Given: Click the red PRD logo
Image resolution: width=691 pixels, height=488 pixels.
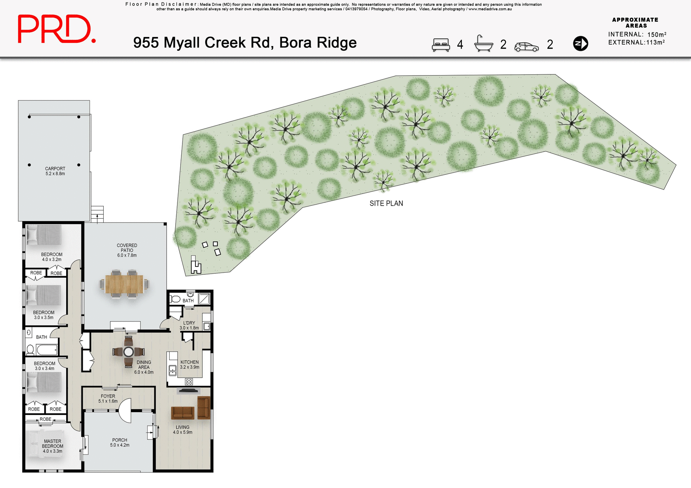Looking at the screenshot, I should tap(57, 29).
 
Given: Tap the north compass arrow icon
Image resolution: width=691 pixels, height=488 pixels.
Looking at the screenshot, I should tap(580, 44).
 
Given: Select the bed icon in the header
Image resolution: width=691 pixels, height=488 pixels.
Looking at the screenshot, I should tap(441, 45).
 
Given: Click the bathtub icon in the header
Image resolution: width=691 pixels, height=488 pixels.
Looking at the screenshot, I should tap(483, 44).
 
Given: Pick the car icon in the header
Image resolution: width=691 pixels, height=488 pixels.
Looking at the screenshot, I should tap(526, 47).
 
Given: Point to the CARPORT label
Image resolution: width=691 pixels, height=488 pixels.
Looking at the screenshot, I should tap(55, 171).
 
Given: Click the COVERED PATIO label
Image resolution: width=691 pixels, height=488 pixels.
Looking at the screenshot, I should tap(127, 250).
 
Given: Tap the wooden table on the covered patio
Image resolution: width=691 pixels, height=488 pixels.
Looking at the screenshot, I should tap(124, 284).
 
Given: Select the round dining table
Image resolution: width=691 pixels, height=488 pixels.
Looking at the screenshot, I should tap(128, 352).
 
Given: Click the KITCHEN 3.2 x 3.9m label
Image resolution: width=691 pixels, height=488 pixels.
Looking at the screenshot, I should tap(189, 365).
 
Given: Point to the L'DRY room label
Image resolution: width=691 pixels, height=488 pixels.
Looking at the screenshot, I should tap(189, 325).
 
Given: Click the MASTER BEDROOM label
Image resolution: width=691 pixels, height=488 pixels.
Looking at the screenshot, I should tap(53, 446).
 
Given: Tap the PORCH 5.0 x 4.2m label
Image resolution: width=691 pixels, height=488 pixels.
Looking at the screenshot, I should tap(119, 442).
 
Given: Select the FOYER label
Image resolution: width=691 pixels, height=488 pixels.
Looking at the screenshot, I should tap(108, 398).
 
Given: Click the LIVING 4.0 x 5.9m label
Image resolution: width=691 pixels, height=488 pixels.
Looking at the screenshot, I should tap(182, 430).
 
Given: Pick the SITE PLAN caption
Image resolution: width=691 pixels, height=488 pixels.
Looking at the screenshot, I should tap(386, 204).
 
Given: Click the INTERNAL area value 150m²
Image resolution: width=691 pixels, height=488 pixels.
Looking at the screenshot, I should tap(656, 35).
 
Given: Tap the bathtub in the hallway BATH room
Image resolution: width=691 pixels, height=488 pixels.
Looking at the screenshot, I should tap(47, 350).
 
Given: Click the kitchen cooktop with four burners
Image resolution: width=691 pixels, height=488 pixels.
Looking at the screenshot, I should tap(189, 382).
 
